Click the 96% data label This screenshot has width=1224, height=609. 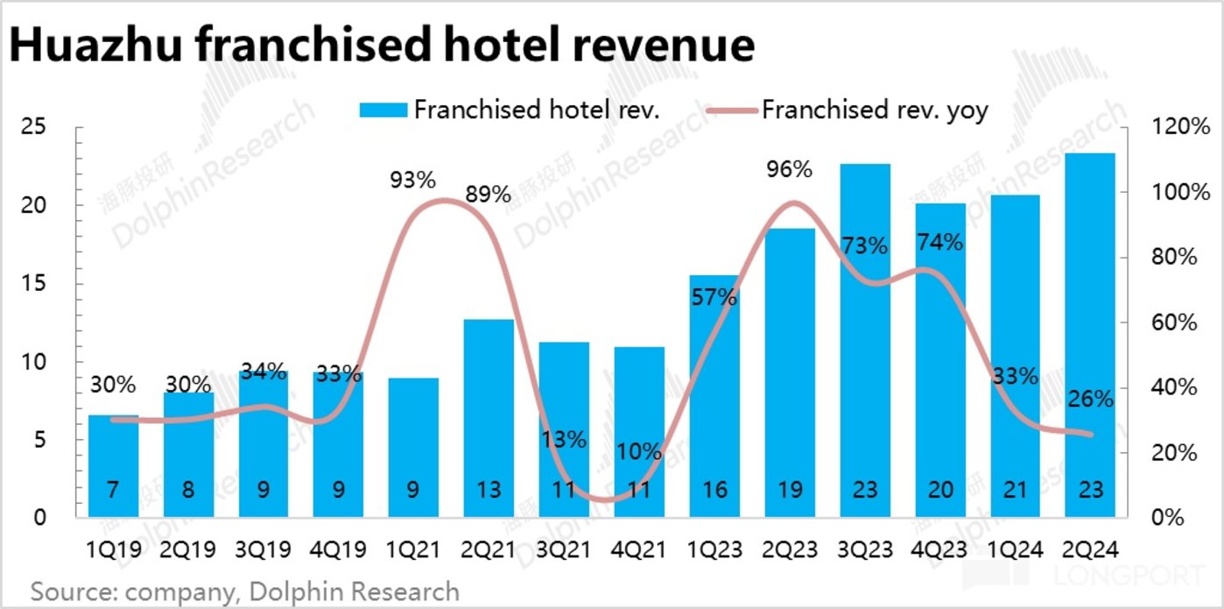pos(790,170)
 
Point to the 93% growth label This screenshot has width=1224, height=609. pos(412,181)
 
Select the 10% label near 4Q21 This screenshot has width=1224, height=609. pos(638,452)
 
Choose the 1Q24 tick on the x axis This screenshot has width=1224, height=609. pos(1016,550)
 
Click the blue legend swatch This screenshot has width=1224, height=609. pos(383,110)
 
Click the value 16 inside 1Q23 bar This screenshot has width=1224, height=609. pos(714,489)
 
